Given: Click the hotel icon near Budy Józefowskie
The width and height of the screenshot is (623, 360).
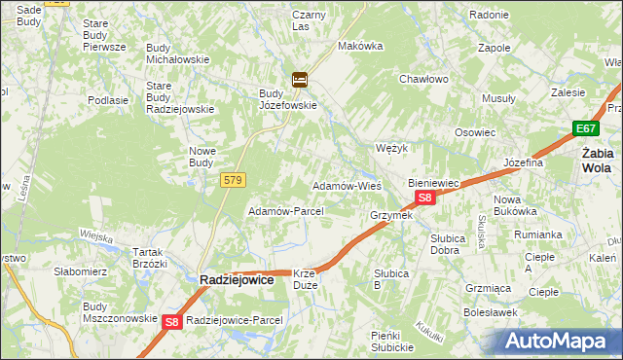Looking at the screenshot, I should [x=300, y=80].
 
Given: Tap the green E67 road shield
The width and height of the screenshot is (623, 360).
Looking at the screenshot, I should [x=585, y=128].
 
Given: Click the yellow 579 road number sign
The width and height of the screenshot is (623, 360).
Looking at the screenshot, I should [x=233, y=180].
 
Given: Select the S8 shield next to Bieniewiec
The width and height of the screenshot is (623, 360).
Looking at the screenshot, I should [x=424, y=198].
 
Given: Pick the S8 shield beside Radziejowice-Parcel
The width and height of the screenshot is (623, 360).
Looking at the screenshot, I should [x=172, y=321].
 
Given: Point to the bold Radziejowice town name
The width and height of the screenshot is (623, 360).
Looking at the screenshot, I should [x=236, y=279].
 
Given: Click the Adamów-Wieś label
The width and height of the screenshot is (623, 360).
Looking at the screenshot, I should [x=346, y=185].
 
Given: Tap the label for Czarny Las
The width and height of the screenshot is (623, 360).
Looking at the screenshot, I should [x=309, y=20].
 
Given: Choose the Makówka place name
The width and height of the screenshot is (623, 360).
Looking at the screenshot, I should [x=357, y=46].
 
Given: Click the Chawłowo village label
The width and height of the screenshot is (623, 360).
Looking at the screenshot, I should [x=422, y=80].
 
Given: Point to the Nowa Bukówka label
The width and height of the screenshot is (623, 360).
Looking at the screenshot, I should [x=515, y=204].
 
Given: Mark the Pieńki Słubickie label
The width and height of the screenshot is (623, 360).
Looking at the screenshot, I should [x=393, y=342].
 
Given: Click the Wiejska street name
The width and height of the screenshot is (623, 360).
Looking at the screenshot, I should [x=97, y=235].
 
